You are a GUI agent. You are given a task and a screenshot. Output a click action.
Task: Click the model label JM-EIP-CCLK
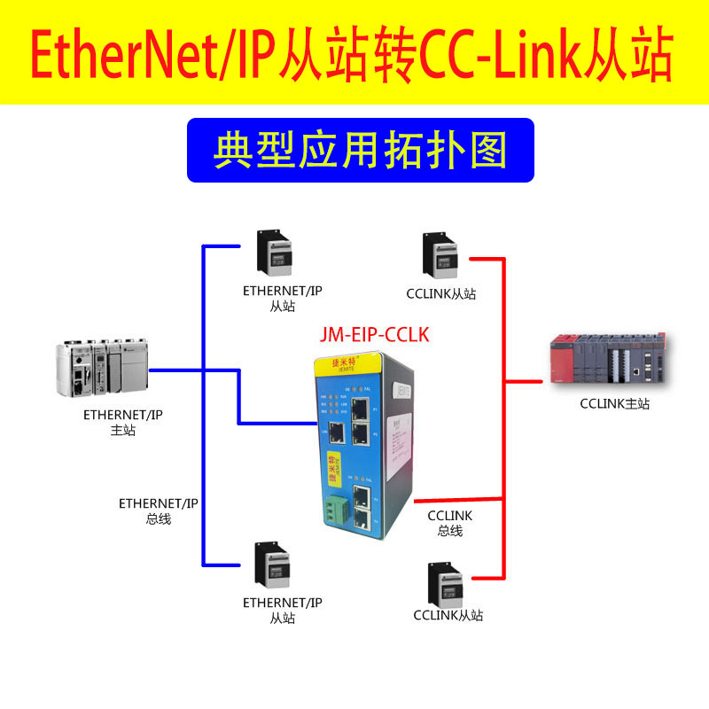[x=374, y=335]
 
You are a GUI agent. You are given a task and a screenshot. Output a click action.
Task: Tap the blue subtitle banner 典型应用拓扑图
[x=360, y=150]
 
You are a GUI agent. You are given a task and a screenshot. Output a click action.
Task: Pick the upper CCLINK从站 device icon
[x=440, y=256]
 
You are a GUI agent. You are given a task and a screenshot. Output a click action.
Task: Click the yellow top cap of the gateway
[x=350, y=363]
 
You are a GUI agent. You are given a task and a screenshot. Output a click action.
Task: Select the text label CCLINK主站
[x=614, y=404]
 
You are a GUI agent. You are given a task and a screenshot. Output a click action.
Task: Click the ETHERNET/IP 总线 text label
[x=159, y=511]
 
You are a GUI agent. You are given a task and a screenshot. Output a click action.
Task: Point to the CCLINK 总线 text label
[x=450, y=523]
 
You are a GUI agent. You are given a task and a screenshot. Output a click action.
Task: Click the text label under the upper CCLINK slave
[x=441, y=293]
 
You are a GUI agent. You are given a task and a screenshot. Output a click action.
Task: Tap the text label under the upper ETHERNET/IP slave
[x=283, y=298]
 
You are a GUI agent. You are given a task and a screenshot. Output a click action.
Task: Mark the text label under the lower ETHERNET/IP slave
[x=283, y=611]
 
